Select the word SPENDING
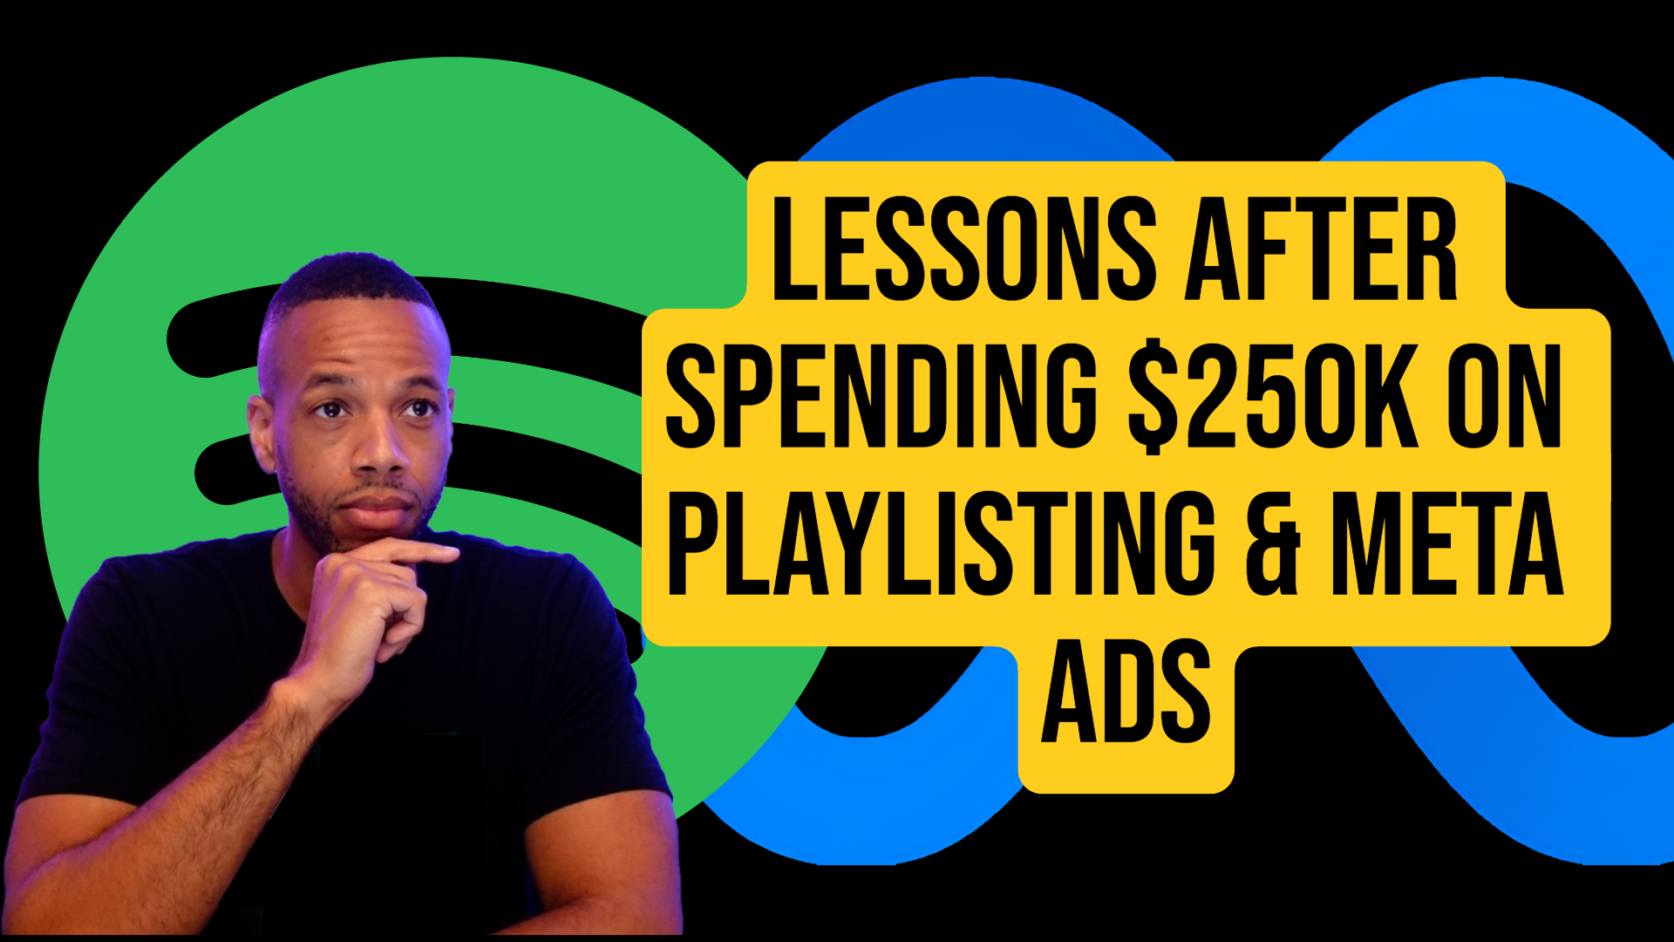[x=881, y=397]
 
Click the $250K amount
[x=1273, y=397]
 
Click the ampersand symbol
[x=1273, y=545]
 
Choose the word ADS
[x=1126, y=691]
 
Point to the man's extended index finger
[x=418, y=552]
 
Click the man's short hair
[x=349, y=279]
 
